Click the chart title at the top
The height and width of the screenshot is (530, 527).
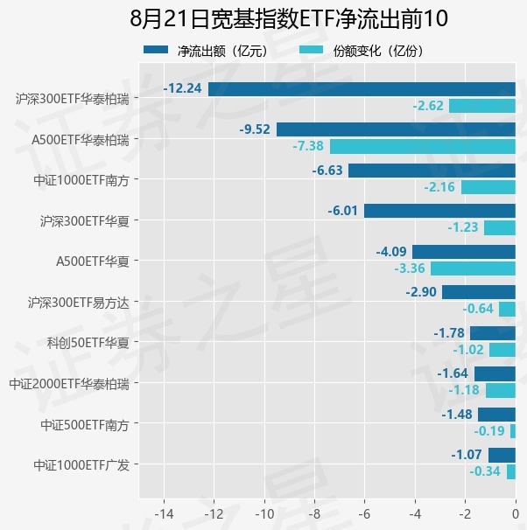coord(289,18)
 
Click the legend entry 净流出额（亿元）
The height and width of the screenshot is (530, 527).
coord(207,51)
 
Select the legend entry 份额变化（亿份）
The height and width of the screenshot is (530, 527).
coord(362,51)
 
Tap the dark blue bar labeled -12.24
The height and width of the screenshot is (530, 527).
coord(362,89)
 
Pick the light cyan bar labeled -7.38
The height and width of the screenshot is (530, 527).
coord(423,147)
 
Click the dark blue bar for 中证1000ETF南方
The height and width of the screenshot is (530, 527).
coord(432,171)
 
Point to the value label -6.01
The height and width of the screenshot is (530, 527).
coord(342,211)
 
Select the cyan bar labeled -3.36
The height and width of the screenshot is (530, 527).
coord(473,268)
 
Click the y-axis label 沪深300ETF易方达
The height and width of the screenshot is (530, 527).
coord(79,303)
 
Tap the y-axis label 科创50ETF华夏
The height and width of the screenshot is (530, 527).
coord(88,343)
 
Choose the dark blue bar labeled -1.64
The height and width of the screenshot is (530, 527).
coord(495,373)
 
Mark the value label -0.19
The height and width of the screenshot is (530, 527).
coord(489,431)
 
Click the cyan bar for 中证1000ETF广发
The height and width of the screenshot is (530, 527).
coord(511,472)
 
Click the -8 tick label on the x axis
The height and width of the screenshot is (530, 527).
coord(314,514)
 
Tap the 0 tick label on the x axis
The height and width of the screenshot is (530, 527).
coord(515,514)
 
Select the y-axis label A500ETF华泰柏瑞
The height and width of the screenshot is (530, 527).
coord(81,140)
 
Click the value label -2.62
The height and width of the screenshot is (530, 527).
coord(428,106)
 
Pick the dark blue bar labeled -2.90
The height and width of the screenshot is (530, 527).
coord(479,292)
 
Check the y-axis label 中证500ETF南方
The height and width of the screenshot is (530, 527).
coord(85,424)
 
